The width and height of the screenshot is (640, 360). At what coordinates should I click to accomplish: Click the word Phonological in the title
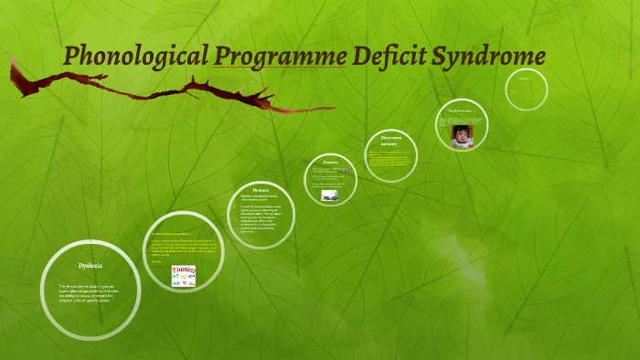click(135, 56)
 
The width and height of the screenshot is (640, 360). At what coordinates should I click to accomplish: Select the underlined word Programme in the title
click(280, 57)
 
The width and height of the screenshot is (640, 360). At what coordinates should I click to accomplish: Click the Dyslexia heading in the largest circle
click(90, 265)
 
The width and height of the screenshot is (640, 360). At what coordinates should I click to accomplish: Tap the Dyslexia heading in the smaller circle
click(261, 189)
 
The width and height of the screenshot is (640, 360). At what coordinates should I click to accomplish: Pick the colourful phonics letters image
click(184, 276)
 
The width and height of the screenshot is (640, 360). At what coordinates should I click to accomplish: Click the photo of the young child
click(463, 136)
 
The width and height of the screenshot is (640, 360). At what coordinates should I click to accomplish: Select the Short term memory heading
click(384, 142)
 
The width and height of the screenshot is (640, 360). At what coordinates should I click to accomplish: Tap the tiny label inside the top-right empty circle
click(525, 79)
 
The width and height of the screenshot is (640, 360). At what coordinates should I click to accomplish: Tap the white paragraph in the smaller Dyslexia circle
click(261, 214)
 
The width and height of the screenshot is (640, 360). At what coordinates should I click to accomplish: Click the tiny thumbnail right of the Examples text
click(347, 171)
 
